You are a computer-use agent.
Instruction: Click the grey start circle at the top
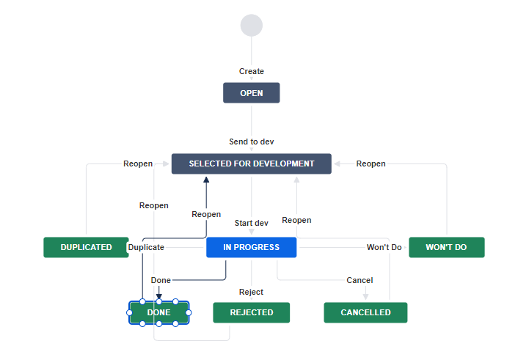(251, 25)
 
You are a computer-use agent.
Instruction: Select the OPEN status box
(251, 93)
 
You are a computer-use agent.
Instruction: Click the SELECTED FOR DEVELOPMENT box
(251, 164)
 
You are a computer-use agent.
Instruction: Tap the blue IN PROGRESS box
(251, 247)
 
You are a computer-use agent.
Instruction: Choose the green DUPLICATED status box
(86, 247)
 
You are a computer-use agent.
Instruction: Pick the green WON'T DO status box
(446, 247)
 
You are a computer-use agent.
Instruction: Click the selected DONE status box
(158, 312)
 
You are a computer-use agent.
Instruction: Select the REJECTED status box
(251, 312)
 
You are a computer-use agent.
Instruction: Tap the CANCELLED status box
(365, 312)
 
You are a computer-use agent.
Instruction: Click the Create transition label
(251, 71)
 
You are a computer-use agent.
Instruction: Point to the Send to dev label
(251, 142)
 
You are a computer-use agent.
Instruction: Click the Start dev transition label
(251, 223)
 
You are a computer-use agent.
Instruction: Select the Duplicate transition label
(146, 248)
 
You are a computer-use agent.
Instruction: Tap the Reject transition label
(251, 292)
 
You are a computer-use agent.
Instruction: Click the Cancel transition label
(360, 280)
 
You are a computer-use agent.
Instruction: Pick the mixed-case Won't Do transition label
(384, 247)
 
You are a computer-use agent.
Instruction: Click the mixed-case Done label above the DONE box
(161, 280)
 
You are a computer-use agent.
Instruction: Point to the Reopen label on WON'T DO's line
(371, 164)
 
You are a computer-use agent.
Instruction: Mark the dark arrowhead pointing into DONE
(158, 297)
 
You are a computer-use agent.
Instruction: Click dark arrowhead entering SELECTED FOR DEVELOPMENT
(206, 178)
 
